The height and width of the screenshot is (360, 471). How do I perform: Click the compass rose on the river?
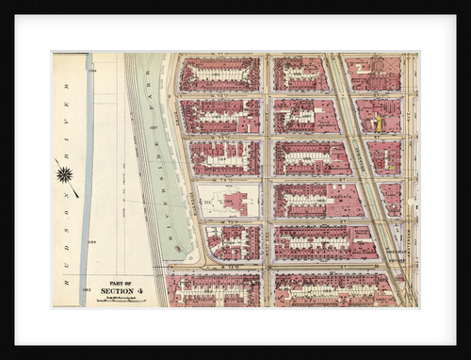click(65, 173)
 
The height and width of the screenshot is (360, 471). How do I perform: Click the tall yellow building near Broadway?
click(379, 123)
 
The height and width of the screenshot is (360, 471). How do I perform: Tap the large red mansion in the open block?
click(236, 202)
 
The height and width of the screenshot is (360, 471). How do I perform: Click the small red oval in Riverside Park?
click(176, 249)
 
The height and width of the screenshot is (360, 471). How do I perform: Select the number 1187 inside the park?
click(152, 127)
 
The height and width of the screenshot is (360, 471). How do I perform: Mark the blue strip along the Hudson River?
click(87, 179)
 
